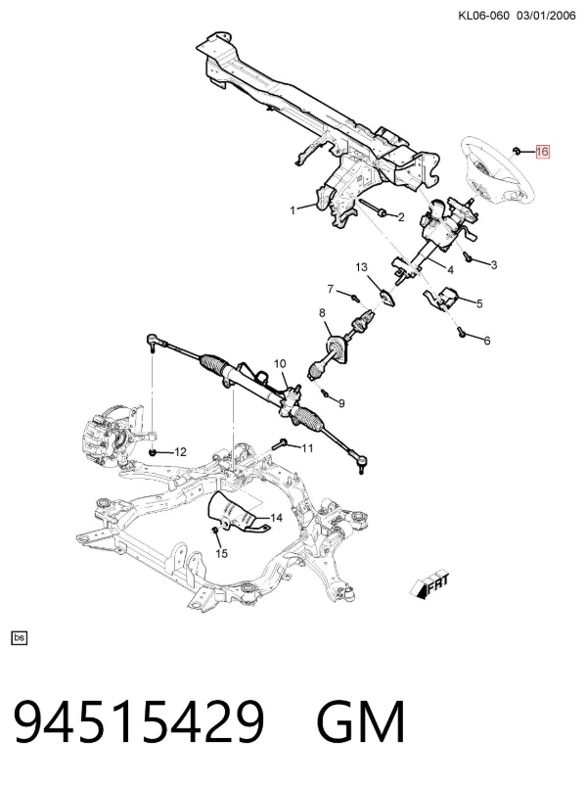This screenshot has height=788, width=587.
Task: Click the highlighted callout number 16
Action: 542,152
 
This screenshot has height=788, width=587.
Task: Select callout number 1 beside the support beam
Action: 293,210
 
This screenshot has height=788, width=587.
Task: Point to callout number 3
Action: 494,265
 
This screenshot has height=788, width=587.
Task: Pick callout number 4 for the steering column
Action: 450,270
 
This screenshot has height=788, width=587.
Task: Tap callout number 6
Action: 486,341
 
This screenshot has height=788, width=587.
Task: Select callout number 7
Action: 330,289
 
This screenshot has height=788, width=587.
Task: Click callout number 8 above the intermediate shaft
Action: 322,313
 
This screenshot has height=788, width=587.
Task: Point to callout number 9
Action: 341,403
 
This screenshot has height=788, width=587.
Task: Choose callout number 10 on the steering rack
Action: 280,363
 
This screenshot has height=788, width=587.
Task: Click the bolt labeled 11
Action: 280,443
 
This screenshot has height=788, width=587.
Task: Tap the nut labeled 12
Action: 154,452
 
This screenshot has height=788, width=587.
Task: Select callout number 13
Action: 362,267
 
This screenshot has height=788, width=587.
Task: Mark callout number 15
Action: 221,553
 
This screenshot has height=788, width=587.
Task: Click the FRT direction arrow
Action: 429,585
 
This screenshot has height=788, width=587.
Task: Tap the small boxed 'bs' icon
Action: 20,637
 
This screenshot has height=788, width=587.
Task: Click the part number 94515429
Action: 139,721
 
